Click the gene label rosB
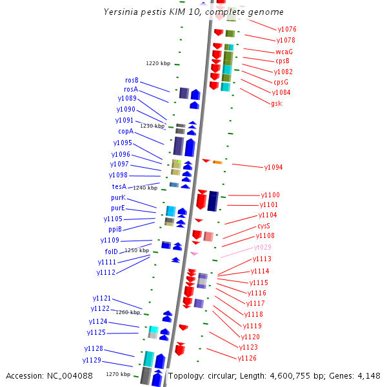[x=132, y=80]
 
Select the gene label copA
[x=125, y=131]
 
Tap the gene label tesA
[x=119, y=186]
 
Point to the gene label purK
[x=118, y=197]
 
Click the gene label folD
[x=111, y=251]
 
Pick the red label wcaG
[x=284, y=51]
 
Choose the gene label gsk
[x=276, y=103]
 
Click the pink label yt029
[x=263, y=247]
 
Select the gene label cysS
[x=264, y=226]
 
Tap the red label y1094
[x=273, y=167]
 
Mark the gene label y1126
[x=247, y=358]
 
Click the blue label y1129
[x=92, y=360]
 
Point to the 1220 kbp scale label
[x=158, y=63]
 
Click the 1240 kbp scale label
[x=145, y=188]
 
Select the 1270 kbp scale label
[x=118, y=374]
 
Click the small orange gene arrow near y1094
[x=217, y=162]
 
